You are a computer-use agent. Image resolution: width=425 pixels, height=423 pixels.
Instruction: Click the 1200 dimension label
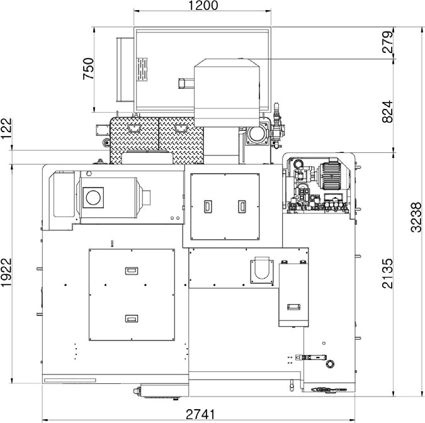tap(203, 6)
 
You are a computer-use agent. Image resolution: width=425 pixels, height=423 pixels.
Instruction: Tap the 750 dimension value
tap(88, 69)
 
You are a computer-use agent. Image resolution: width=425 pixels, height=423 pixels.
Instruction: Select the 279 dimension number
tap(387, 42)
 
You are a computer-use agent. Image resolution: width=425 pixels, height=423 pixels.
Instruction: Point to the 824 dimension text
tap(387, 111)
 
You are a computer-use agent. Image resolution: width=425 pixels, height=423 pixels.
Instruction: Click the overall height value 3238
tap(416, 217)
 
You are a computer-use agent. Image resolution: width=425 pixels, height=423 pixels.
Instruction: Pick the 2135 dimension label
tap(387, 273)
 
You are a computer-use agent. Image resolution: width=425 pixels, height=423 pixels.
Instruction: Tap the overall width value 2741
tap(200, 414)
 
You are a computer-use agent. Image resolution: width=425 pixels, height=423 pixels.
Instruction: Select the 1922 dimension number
tap(6, 272)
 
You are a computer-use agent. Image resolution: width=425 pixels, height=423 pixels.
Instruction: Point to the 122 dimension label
tap(6, 128)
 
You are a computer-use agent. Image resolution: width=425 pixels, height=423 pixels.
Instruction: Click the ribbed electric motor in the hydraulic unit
tap(333, 176)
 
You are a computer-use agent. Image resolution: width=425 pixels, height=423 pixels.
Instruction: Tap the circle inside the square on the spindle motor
tap(93, 198)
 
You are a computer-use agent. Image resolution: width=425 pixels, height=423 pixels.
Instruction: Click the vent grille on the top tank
tap(142, 69)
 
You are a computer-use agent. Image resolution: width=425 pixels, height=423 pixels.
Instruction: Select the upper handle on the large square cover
tap(132, 271)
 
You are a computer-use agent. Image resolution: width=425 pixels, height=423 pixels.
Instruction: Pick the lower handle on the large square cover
tap(132, 319)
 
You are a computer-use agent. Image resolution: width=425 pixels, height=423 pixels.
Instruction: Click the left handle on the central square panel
tap(208, 206)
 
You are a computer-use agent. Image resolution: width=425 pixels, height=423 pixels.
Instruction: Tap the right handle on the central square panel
tap(242, 206)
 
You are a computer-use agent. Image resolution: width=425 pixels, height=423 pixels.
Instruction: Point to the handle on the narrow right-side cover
tap(293, 307)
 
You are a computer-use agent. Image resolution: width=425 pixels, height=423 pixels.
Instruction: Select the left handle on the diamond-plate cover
tap(133, 128)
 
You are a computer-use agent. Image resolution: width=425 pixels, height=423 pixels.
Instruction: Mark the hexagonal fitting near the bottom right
tap(330, 364)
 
